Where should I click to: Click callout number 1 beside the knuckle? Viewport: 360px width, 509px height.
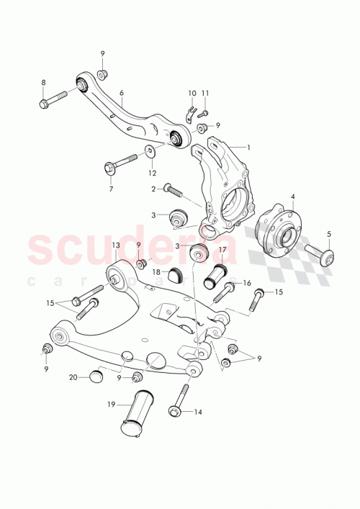coord(248,148)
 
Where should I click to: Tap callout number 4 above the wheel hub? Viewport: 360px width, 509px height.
coord(293,196)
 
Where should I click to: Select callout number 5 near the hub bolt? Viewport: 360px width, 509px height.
coord(329,233)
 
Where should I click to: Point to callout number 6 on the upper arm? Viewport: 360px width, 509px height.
coord(122,93)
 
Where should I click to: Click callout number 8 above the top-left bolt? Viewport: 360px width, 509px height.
coord(43,82)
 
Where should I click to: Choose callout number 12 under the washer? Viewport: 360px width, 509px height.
coord(152,173)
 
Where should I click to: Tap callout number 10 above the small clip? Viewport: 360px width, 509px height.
coord(192,94)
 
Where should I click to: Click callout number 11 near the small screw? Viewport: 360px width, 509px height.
coord(205,94)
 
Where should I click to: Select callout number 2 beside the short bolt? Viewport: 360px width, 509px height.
coord(153,189)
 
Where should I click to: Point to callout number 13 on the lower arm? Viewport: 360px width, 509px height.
coord(114,246)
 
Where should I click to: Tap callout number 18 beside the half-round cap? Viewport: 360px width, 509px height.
coord(156,272)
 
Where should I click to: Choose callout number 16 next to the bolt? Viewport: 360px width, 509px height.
coord(246,283)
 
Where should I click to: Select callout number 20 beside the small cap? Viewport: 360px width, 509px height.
coord(73,377)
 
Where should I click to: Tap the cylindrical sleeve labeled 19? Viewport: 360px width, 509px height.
coord(138,412)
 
